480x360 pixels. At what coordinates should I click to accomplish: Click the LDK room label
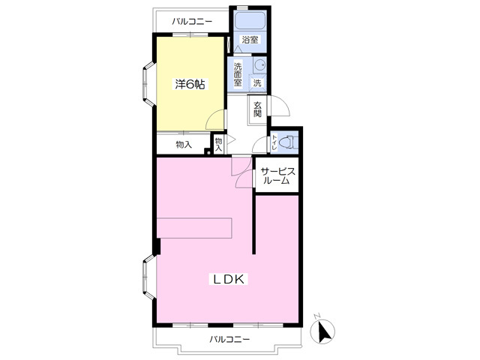[228, 279]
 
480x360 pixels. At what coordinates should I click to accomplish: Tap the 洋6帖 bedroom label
[190, 84]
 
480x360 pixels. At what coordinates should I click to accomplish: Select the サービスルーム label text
[277, 176]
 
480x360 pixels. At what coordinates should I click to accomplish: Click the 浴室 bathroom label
[250, 40]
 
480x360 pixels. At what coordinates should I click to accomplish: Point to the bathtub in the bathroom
[250, 20]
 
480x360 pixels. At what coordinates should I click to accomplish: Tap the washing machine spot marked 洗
[257, 82]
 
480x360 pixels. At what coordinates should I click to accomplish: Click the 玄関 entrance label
[257, 109]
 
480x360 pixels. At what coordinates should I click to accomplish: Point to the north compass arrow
[322, 331]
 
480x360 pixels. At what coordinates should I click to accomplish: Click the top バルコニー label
[192, 22]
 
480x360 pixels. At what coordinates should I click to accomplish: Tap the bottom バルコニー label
[229, 339]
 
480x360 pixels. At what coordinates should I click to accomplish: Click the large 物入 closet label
[184, 145]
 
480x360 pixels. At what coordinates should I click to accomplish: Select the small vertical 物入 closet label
[218, 144]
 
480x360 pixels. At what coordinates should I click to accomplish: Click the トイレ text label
[274, 142]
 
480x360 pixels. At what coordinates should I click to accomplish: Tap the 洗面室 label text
[238, 74]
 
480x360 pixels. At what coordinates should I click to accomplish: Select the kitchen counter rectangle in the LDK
[194, 228]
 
